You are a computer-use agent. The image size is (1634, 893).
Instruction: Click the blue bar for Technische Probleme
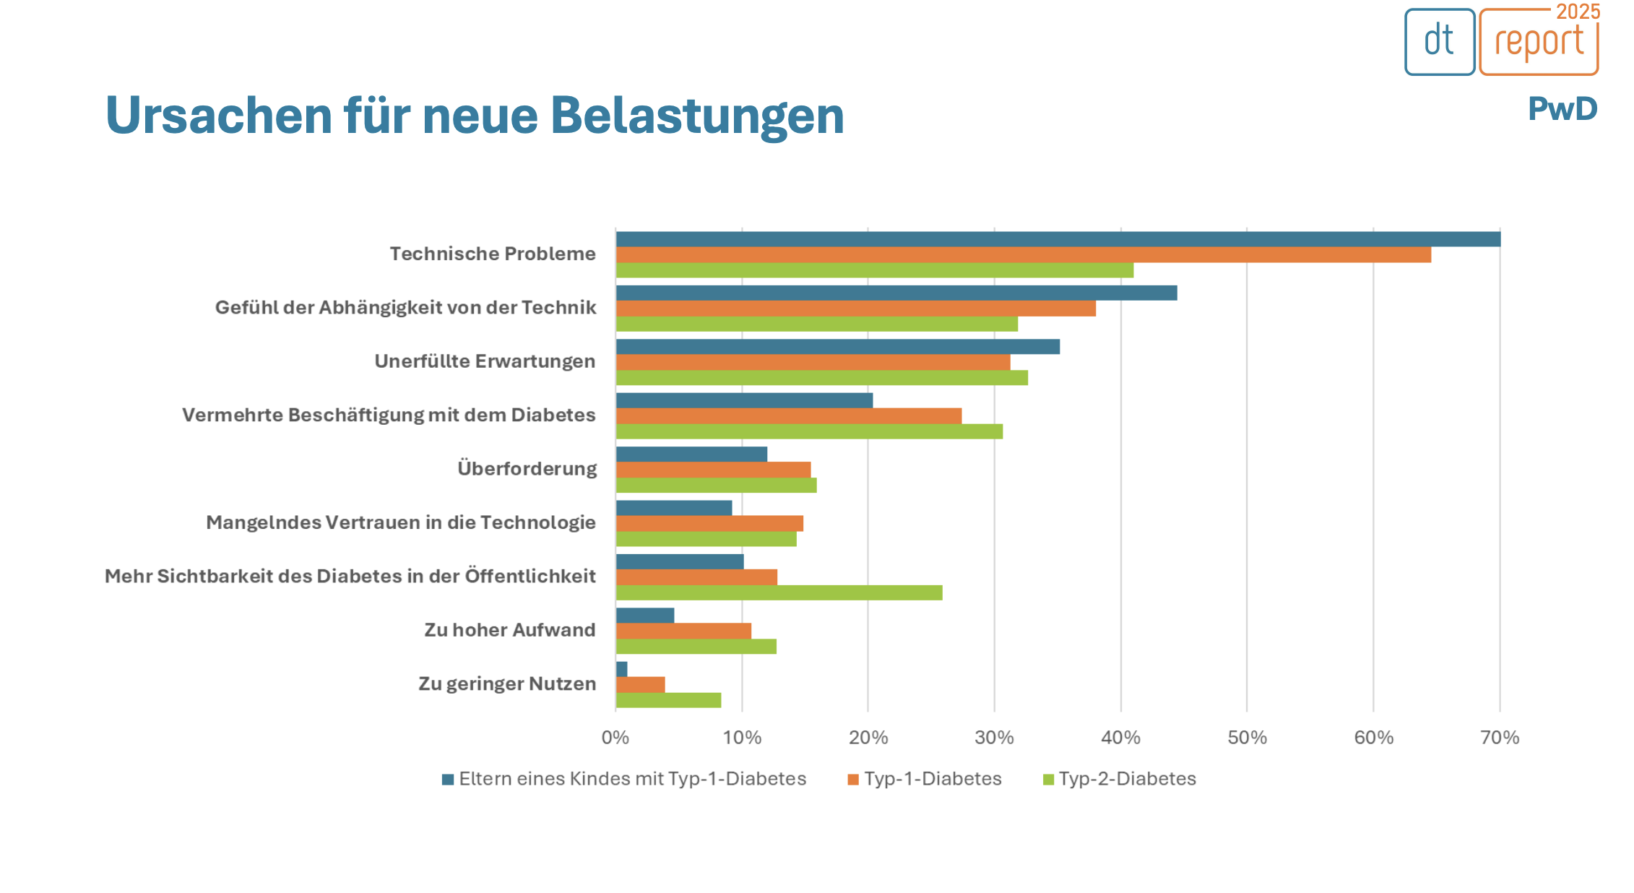point(1058,239)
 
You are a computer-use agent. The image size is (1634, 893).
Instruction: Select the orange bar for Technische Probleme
point(1023,255)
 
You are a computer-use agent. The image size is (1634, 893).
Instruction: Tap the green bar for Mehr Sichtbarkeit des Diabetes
point(779,593)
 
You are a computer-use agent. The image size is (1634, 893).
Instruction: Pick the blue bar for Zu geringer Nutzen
point(622,669)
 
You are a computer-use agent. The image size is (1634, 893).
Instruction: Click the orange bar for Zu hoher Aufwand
point(683,631)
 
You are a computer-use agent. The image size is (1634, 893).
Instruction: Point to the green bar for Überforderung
point(716,486)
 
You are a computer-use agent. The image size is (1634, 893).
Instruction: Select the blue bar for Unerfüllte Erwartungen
point(838,347)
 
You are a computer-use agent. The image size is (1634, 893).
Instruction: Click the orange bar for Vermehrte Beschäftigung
point(789,416)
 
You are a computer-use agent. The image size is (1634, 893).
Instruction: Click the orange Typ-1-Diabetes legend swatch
point(853,780)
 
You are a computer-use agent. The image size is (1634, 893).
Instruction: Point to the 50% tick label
point(1247,738)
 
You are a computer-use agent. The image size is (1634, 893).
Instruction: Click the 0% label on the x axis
point(615,738)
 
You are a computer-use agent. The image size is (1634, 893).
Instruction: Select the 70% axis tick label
point(1500,738)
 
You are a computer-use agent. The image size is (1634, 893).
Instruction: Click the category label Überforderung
point(527,469)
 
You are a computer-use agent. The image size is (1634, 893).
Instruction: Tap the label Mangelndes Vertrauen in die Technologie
point(401,522)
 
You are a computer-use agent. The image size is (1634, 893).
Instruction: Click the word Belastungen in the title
point(697,116)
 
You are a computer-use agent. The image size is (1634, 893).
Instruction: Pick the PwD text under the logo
point(1562,109)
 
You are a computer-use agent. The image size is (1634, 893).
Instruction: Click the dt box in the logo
point(1439,41)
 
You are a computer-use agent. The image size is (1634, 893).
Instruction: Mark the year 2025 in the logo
point(1578,12)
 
